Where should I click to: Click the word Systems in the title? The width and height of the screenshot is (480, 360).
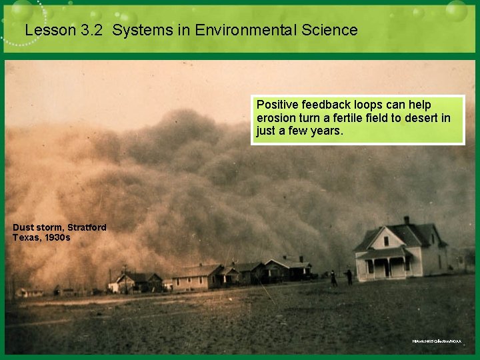pyautogui.click(x=137, y=30)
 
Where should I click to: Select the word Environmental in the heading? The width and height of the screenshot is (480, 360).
pyautogui.click(x=228, y=30)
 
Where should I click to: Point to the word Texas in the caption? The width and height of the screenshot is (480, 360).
pyautogui.click(x=25, y=237)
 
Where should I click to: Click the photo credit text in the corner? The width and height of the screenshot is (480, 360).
pyautogui.click(x=436, y=341)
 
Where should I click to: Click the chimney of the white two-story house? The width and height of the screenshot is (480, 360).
pyautogui.click(x=406, y=220)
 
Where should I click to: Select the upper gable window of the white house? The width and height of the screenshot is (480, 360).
pyautogui.click(x=386, y=241)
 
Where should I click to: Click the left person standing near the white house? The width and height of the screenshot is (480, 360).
pyautogui.click(x=333, y=278)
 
